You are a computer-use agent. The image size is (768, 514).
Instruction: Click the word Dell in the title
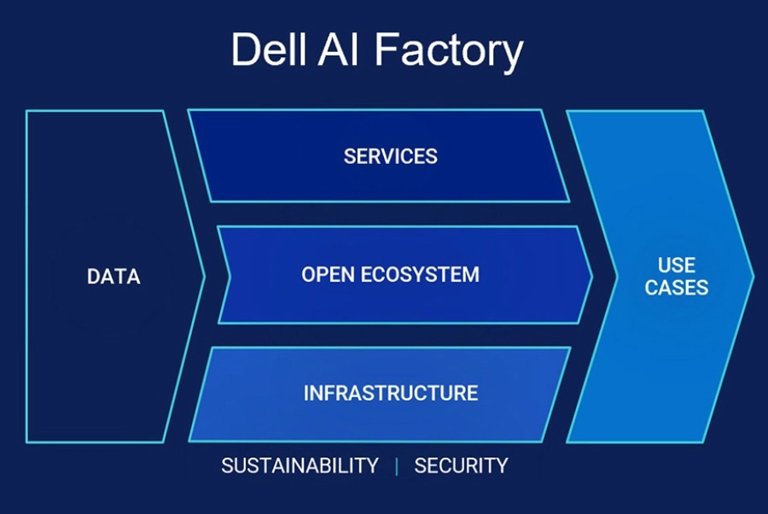[x=269, y=49]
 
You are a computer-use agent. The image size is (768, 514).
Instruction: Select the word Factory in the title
[x=449, y=53]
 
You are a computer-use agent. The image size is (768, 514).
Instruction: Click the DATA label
[x=113, y=277]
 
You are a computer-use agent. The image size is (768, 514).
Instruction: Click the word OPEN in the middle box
[x=328, y=274]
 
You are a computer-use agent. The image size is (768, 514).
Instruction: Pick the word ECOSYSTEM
[x=420, y=274]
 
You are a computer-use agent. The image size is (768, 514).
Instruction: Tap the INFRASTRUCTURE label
[x=390, y=393]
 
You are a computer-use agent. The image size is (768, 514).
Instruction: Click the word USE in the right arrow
[x=677, y=265]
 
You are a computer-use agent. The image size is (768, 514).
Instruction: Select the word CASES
[x=677, y=288]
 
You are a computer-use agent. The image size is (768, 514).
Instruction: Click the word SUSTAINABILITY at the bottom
[x=300, y=465]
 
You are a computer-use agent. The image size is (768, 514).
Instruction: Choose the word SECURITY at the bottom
[x=461, y=465]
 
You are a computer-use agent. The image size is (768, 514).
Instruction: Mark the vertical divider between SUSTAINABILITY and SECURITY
[x=396, y=466]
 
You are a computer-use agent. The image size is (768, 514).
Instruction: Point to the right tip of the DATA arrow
[x=204, y=277]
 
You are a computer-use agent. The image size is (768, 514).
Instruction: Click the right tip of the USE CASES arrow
[x=753, y=277]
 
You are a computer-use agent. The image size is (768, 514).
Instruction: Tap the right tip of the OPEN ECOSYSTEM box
[x=591, y=277]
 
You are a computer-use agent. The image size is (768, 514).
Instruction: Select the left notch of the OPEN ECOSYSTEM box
[x=230, y=277]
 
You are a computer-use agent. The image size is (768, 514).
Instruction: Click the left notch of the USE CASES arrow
[x=617, y=277]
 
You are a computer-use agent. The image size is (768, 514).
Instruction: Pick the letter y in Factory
[x=512, y=57]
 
